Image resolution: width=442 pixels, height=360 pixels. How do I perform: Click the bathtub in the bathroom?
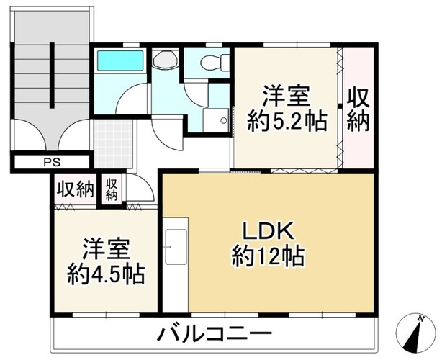[x=120, y=60]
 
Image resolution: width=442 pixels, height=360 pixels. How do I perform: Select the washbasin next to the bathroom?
[x=165, y=60]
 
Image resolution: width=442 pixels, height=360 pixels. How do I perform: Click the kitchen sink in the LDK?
[x=176, y=247]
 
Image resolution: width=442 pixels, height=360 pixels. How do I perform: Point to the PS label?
[x=52, y=163]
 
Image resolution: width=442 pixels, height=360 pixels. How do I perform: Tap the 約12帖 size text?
[x=268, y=256]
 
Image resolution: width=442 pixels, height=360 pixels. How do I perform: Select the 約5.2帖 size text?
[x=287, y=122]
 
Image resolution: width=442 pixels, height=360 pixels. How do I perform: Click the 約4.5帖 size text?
[x=106, y=274]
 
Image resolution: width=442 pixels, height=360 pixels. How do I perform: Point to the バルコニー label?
[x=215, y=335]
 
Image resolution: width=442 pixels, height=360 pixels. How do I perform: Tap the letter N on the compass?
[x=421, y=319]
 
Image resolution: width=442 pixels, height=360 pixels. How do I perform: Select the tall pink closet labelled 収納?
[x=358, y=108]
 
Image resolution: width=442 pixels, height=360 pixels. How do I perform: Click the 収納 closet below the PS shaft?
[x=76, y=189]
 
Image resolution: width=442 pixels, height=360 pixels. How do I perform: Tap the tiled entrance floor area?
[x=113, y=144]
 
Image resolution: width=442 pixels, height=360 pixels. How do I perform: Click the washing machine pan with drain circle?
[x=216, y=120]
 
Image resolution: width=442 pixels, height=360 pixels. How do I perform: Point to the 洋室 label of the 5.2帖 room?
[x=287, y=96]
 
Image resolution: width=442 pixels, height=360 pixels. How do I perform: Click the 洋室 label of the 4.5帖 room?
[x=106, y=249]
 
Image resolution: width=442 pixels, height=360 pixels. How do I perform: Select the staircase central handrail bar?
[x=52, y=75]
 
